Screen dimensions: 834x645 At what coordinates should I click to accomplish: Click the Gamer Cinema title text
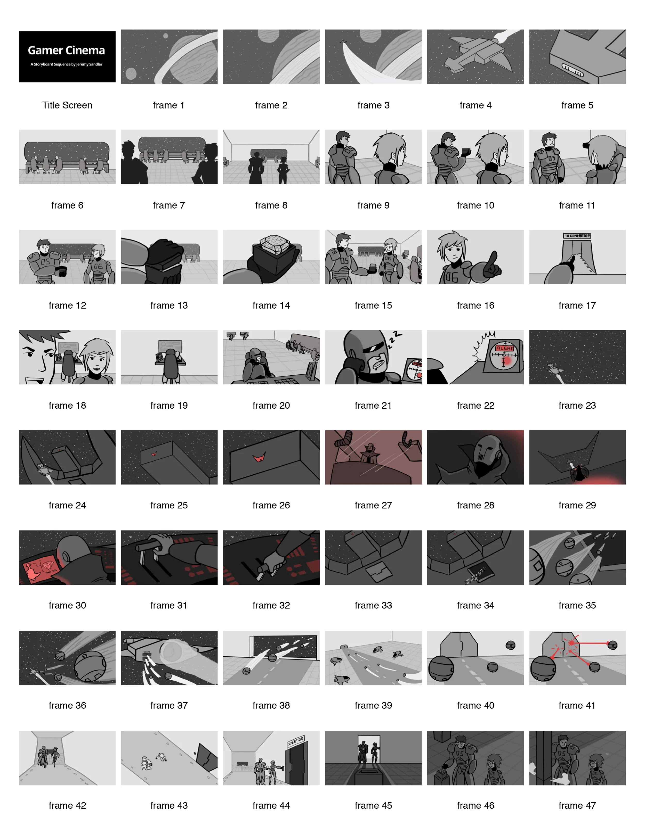point(67,51)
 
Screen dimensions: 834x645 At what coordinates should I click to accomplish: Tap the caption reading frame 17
point(577,305)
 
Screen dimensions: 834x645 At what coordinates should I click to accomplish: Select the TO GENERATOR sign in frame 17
point(577,236)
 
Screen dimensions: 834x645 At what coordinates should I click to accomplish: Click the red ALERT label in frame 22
point(504,348)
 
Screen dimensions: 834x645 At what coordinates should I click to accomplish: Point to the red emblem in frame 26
point(260,457)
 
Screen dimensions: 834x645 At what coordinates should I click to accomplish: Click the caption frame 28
point(475,505)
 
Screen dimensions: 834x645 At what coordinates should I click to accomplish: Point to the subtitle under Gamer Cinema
point(67,64)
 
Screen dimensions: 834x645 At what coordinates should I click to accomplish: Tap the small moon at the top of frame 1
point(165,36)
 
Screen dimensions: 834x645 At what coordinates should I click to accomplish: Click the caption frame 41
point(577,705)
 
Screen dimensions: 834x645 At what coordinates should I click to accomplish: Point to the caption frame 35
point(577,605)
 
